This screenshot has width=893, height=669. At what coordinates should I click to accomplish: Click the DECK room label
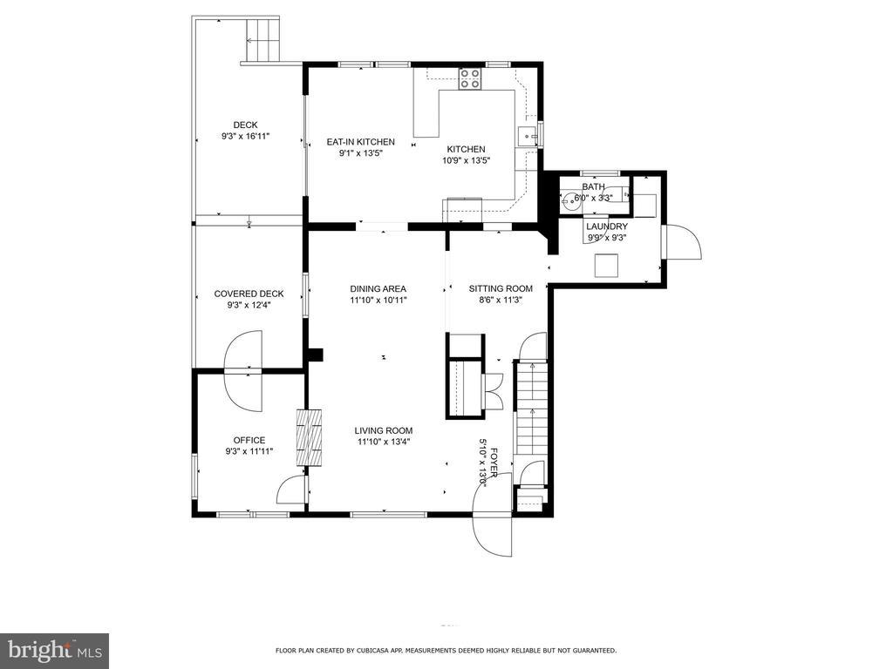[245, 125]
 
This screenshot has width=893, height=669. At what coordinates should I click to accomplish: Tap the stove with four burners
[470, 78]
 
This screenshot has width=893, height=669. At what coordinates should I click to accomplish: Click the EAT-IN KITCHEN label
[360, 142]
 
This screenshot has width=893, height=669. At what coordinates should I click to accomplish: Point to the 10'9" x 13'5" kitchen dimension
[467, 160]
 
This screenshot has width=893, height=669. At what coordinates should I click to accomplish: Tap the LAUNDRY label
[607, 226]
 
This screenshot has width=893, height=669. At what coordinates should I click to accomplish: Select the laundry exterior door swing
[682, 242]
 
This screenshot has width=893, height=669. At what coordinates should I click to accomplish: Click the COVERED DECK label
[249, 294]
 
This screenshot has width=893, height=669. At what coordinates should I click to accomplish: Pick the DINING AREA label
[378, 289]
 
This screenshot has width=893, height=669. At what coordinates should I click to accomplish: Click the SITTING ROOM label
[501, 288]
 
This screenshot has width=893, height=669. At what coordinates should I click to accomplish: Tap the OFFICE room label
[249, 440]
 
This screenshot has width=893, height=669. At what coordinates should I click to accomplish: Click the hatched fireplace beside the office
[310, 437]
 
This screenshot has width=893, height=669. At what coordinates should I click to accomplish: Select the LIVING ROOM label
[384, 430]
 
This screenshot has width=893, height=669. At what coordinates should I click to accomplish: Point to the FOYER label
[494, 463]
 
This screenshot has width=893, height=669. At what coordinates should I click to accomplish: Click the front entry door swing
[494, 515]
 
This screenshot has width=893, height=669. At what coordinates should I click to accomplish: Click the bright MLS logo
[55, 649]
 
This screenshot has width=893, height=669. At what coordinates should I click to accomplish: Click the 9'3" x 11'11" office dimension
[249, 452]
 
